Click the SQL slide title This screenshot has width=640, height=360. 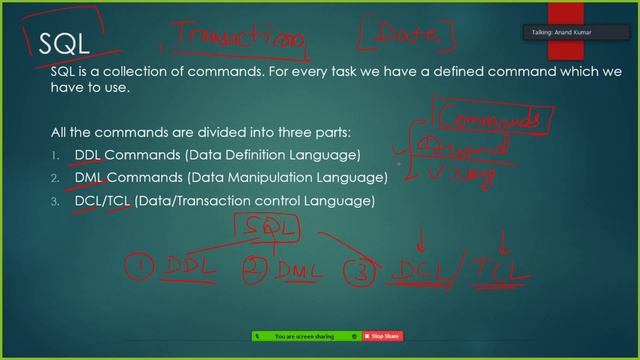[63, 42]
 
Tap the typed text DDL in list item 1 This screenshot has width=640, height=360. [88, 155]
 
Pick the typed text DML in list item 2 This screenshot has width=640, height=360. [89, 178]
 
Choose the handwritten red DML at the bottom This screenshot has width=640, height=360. [296, 269]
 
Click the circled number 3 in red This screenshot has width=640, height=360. [359, 270]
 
